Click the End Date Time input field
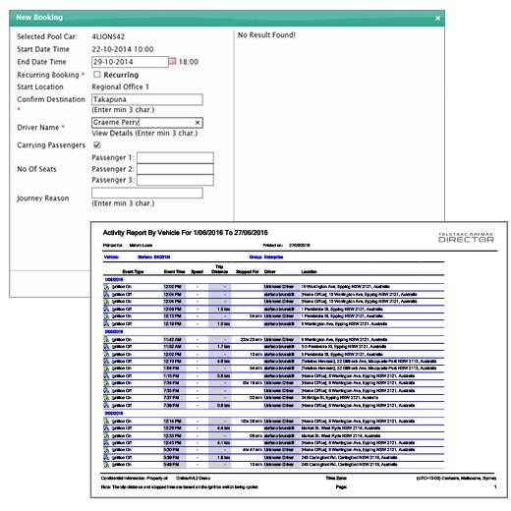click(128, 61)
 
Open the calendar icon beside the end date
click(172, 61)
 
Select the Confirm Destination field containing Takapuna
click(146, 99)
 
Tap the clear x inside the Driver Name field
click(198, 123)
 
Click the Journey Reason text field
click(146, 194)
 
